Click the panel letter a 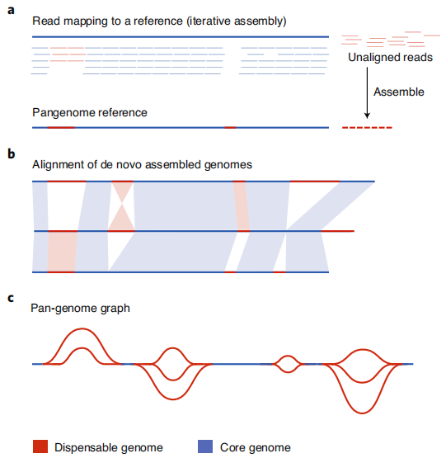coord(11,10)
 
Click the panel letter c coord(11,298)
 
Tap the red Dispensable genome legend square coord(40,446)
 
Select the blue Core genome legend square coord(205,446)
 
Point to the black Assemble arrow coord(367,93)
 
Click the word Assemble coord(399,92)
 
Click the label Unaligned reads coord(390,57)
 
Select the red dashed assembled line coord(367,128)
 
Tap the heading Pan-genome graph coord(80,309)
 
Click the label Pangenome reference coord(90,113)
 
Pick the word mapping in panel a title coord(86,21)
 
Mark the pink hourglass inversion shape coord(122,206)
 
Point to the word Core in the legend coord(232,447)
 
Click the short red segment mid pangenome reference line coord(230,128)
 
